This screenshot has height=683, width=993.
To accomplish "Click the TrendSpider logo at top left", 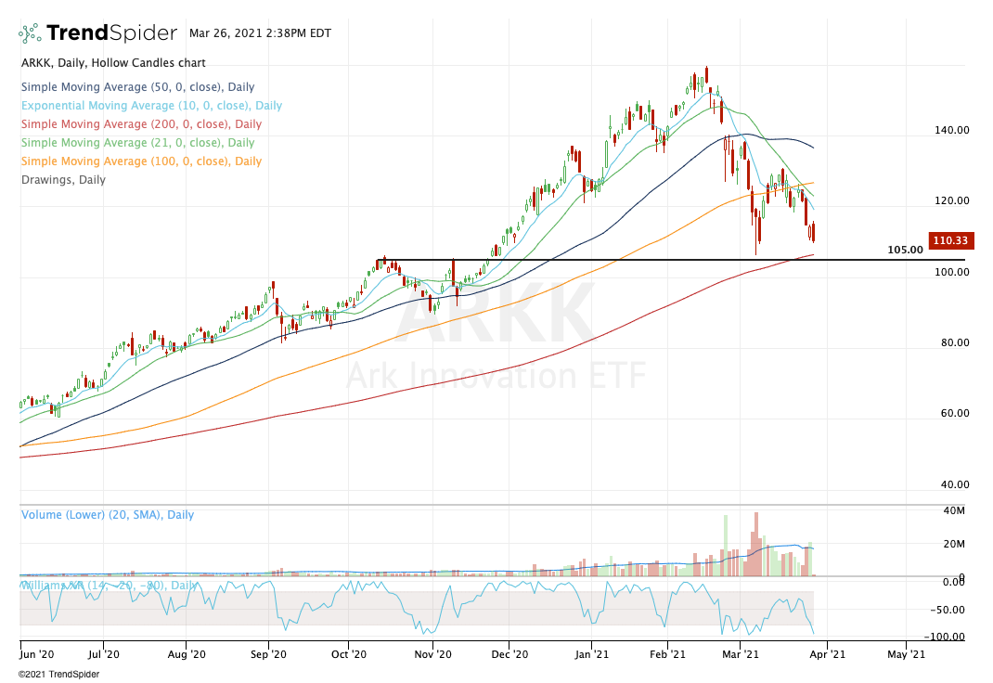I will [97, 33].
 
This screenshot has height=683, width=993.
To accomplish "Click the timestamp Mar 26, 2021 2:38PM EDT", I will [255, 32].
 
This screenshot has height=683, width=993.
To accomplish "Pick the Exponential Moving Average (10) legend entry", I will [150, 106].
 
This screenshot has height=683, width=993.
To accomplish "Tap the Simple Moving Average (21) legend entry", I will [136, 143].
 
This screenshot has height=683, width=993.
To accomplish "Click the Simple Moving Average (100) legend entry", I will [140, 161].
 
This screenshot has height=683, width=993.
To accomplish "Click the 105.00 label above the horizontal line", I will [905, 250].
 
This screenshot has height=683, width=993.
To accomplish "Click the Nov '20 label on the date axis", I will [432, 653].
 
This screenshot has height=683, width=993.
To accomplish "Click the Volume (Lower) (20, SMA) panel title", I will [107, 514].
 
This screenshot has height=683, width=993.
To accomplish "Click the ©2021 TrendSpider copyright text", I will [59, 675].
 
